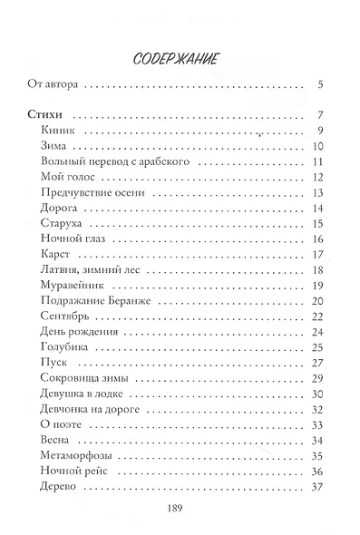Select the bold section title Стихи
(39, 115)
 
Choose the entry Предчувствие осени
(84, 192)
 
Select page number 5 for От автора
(322, 87)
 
